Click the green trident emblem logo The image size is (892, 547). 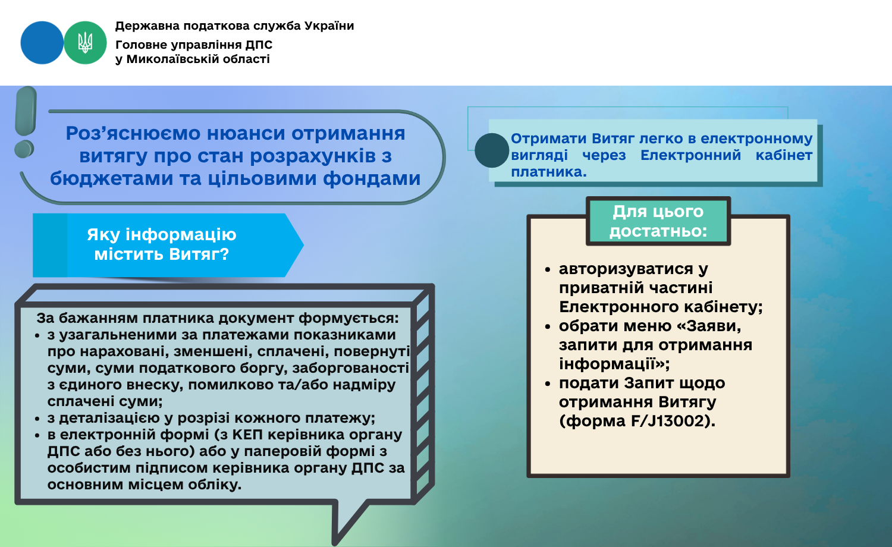click(x=85, y=43)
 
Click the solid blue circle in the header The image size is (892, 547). click(x=42, y=43)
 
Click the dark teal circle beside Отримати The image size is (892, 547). click(x=492, y=150)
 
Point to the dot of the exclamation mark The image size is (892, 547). click(x=24, y=149)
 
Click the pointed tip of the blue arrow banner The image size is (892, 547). click(x=303, y=245)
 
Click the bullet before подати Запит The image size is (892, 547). click(x=548, y=383)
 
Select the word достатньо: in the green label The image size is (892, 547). click(x=658, y=231)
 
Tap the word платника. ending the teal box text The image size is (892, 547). click(x=549, y=172)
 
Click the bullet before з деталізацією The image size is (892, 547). click(x=37, y=419)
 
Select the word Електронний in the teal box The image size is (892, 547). click(x=690, y=155)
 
